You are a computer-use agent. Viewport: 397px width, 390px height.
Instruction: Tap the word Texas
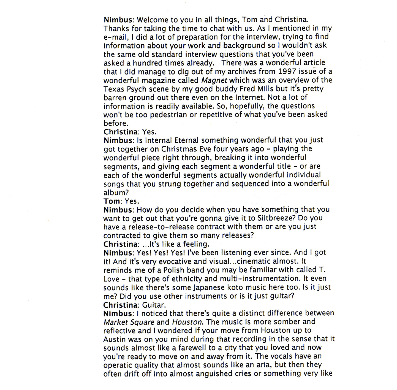113,89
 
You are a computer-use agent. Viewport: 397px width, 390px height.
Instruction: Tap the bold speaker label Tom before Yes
112,201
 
